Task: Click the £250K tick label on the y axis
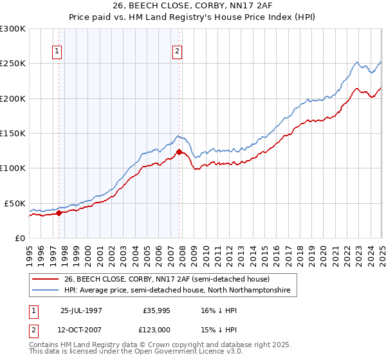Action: [13, 64]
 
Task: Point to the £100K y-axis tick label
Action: [13, 168]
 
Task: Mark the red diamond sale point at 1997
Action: [59, 213]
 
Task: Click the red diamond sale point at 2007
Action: [179, 152]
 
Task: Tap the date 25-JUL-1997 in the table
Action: [81, 310]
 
